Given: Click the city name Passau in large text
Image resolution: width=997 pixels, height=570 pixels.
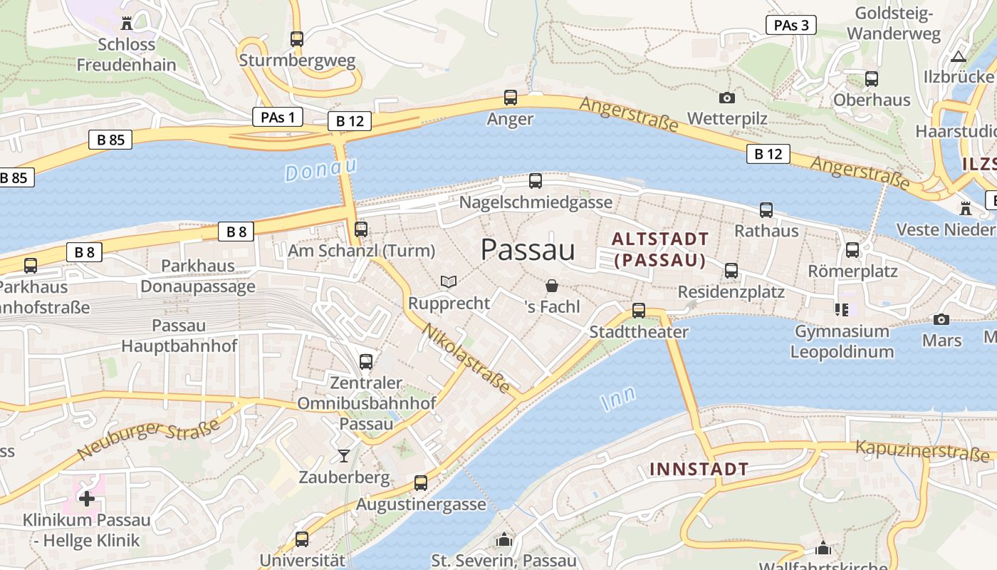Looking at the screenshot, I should pos(528,250).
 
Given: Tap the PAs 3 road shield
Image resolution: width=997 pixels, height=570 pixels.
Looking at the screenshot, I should pos(790,25).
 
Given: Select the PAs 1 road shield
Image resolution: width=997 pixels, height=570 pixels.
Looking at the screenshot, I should pos(278,117).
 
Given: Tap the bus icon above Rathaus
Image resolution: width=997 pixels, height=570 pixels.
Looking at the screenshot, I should pos(766,210).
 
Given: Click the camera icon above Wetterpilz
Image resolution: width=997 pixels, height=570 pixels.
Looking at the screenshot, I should pos(727,98).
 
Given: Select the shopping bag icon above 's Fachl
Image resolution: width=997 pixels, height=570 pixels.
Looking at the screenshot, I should pos(552,286).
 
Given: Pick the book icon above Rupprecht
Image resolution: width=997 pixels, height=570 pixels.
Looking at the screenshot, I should pos(448,282).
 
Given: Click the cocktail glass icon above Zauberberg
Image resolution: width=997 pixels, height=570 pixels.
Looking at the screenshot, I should pos(344,455).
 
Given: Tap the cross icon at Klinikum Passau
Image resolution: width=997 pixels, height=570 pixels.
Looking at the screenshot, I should pos(87,499).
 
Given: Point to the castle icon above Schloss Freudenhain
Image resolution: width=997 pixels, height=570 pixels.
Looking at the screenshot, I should pos(127,24).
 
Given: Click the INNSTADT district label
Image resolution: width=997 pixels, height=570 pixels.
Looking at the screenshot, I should pos(699,469).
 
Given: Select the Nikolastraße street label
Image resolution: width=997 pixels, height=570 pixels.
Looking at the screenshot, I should pos(467,359).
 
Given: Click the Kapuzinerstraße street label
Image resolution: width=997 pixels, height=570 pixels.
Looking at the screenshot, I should pos(922,450).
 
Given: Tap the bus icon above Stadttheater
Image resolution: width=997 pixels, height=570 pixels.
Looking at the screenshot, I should pos(639,311).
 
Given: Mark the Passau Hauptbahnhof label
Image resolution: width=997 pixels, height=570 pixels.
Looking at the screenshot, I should pos(179,336).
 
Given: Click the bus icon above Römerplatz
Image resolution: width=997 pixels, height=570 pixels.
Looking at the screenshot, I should pos(852,250).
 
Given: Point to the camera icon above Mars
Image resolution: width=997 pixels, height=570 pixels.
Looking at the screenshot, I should pos(941,319).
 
